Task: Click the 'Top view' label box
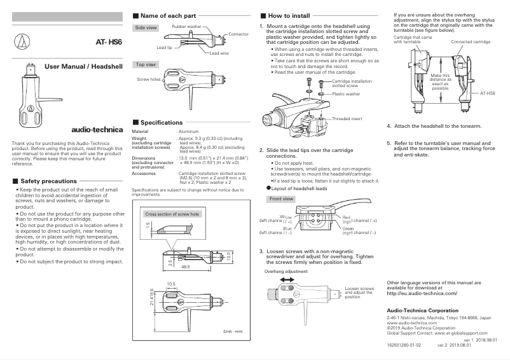click(146, 65)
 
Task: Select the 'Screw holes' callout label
click(148, 80)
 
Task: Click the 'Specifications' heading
click(161, 122)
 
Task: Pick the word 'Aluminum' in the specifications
click(190, 130)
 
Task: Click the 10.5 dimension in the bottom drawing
click(170, 284)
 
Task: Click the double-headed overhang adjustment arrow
click(280, 279)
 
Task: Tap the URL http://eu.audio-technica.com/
click(422, 294)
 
